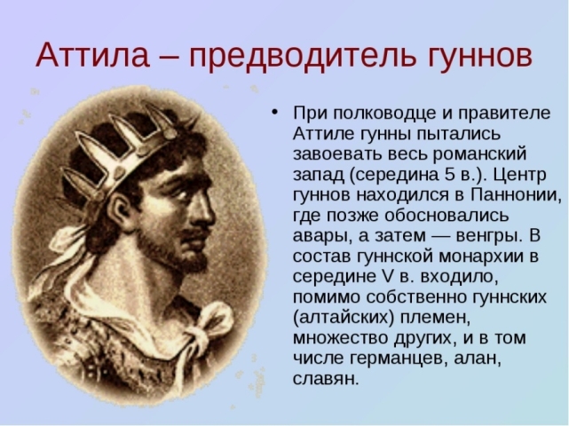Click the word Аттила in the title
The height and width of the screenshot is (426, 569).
[x=92, y=55]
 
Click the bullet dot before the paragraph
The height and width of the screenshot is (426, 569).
[x=274, y=112]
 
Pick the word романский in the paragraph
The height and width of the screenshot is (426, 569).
[x=479, y=154]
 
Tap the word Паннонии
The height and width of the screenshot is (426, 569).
[x=516, y=195]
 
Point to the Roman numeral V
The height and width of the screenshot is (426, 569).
[x=389, y=277]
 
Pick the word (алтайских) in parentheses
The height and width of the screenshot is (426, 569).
[x=344, y=318]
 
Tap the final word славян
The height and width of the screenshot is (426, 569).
[x=326, y=379]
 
